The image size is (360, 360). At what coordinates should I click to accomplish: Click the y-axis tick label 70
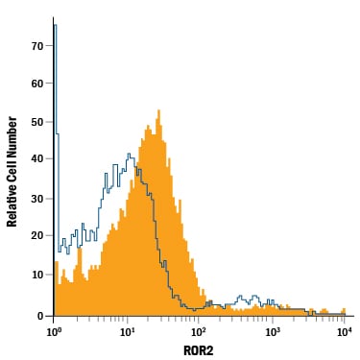click(37, 46)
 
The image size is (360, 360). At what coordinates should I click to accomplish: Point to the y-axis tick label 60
click(37, 84)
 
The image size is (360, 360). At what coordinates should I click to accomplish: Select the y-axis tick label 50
click(37, 122)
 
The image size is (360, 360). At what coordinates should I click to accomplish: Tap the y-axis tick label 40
click(37, 159)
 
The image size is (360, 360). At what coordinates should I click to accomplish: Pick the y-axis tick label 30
click(37, 199)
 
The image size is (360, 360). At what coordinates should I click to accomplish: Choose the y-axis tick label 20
click(37, 236)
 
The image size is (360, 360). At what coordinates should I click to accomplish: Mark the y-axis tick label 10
click(37, 275)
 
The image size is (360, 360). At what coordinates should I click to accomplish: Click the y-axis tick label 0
click(40, 316)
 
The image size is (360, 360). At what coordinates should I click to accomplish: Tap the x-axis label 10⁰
click(53, 332)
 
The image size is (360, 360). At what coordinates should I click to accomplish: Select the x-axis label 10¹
click(127, 332)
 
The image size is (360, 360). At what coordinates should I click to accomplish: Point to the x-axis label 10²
click(198, 332)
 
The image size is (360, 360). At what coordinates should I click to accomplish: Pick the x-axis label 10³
click(272, 332)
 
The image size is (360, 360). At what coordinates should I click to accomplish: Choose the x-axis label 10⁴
click(344, 332)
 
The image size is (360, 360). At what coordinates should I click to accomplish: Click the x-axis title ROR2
click(199, 350)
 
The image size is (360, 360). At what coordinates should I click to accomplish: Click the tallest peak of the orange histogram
click(158, 110)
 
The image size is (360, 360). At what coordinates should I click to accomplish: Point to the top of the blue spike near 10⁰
click(55, 25)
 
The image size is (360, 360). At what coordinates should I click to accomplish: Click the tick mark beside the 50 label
click(49, 122)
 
